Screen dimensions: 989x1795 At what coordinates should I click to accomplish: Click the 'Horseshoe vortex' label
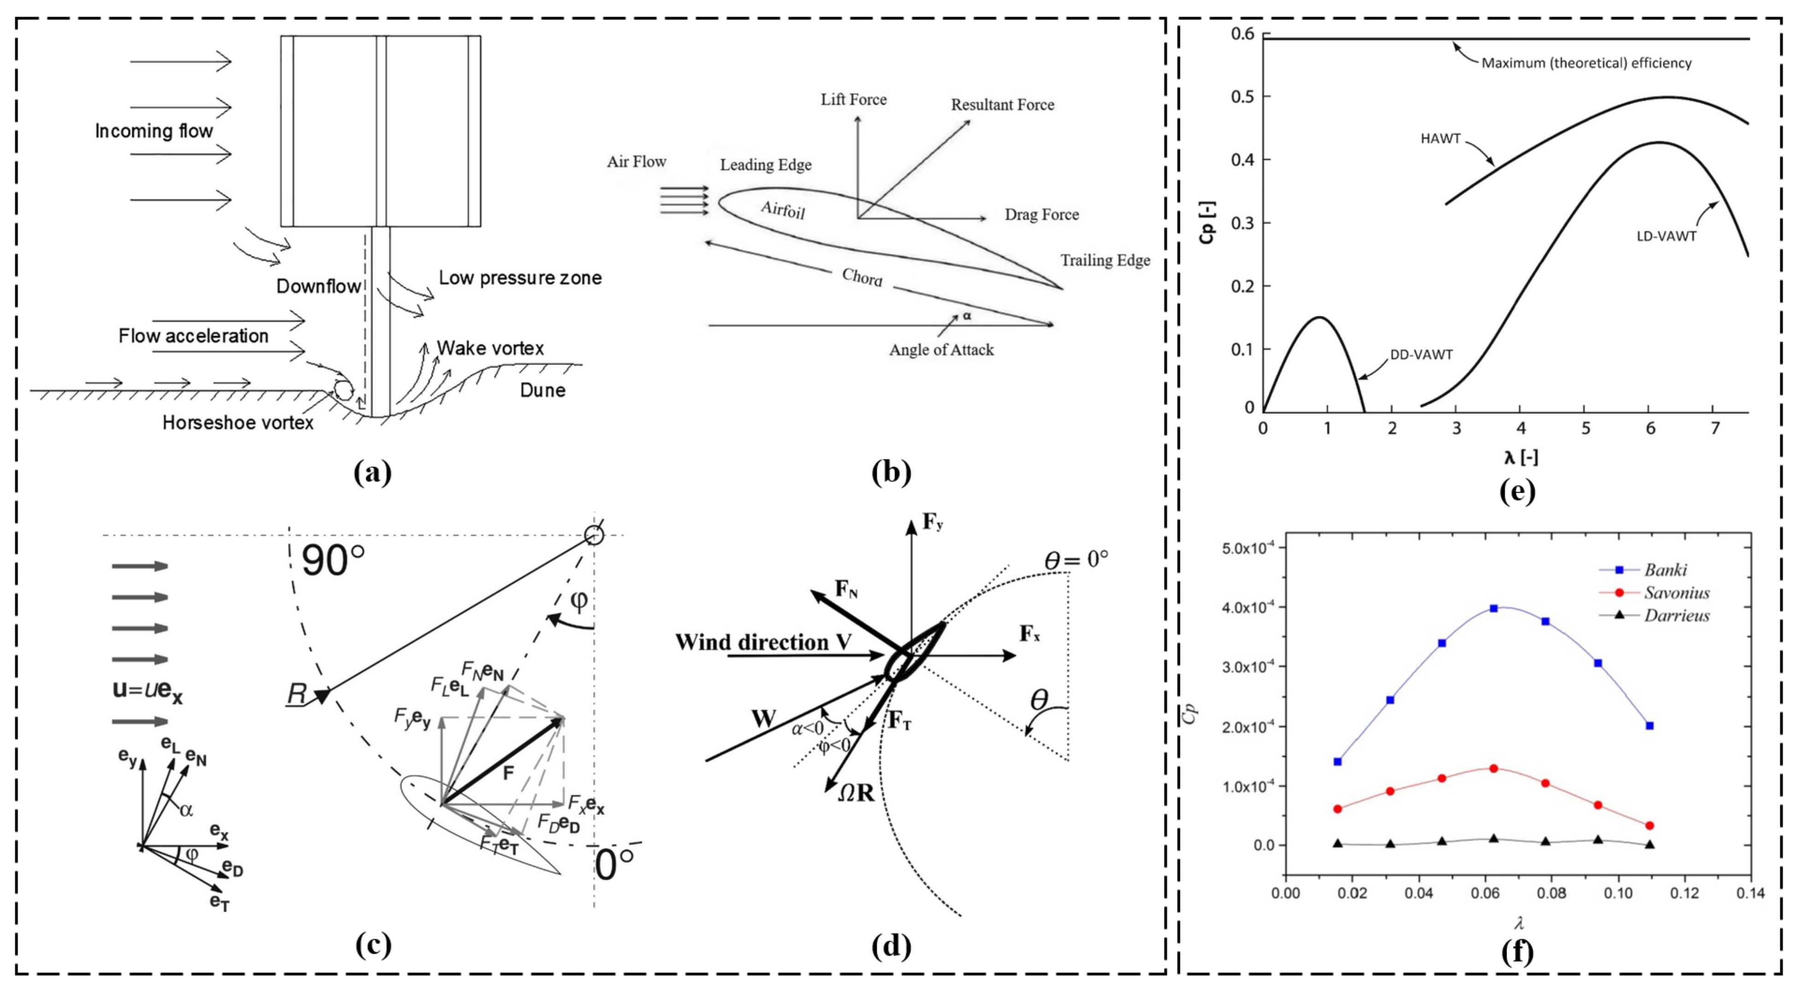click(238, 423)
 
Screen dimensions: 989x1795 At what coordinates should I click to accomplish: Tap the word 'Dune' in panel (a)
click(542, 390)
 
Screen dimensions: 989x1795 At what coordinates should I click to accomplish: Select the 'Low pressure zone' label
click(520, 278)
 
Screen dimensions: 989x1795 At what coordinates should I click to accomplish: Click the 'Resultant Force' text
click(1002, 105)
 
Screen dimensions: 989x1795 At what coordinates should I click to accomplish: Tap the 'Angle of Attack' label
click(941, 349)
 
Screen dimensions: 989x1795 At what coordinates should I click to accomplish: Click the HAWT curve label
click(1440, 139)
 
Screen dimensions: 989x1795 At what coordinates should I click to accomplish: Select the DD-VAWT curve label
click(1421, 355)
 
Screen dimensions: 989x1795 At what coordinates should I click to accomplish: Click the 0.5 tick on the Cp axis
click(1241, 96)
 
